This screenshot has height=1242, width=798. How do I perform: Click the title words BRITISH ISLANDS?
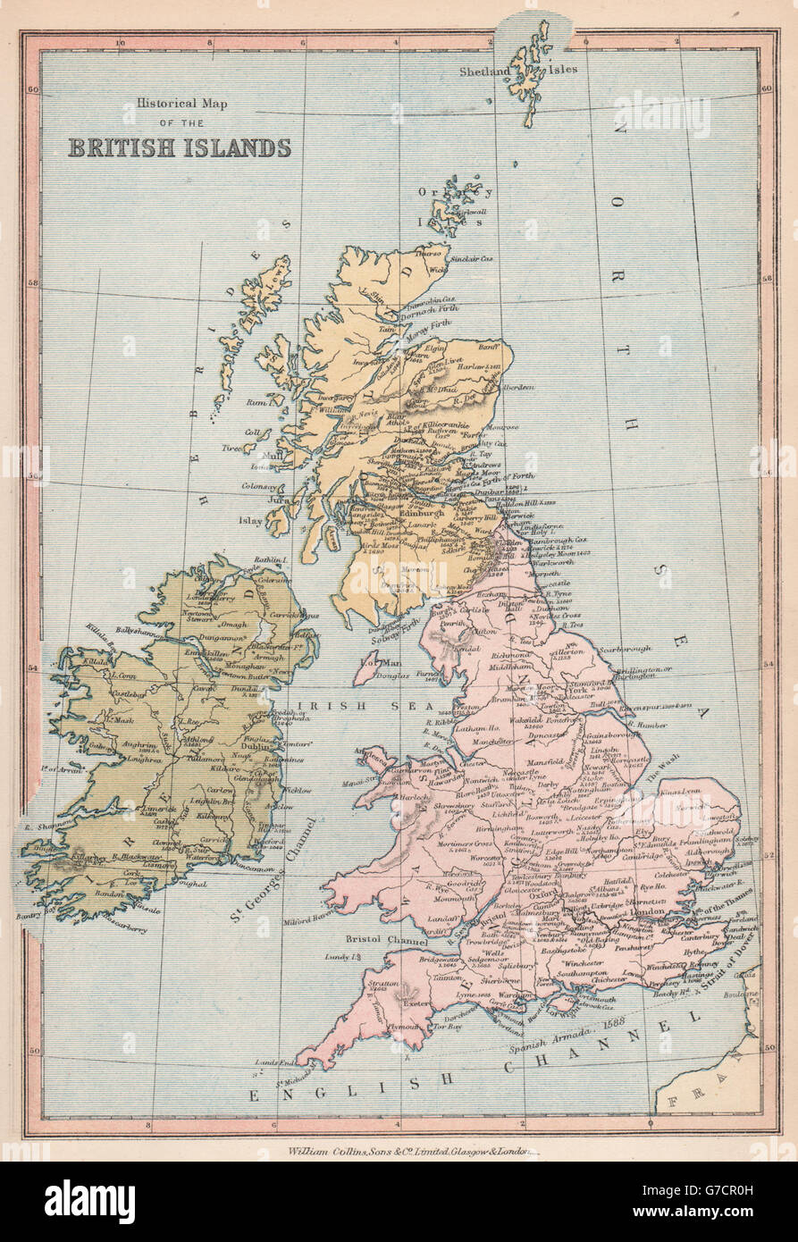coord(180,147)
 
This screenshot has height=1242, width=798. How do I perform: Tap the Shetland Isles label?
coord(518,71)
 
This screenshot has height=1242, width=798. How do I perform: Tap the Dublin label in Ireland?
coord(243,757)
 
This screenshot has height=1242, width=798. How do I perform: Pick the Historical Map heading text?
coord(182,104)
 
